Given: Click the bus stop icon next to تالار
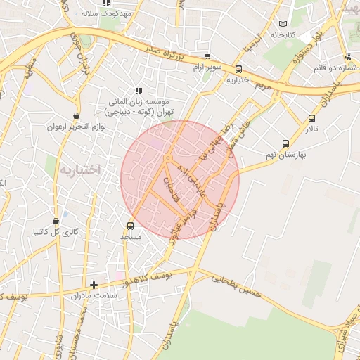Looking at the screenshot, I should point(311,118).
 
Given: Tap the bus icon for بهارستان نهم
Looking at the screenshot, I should point(285,143).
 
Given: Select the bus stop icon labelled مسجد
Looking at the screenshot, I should point(130,226).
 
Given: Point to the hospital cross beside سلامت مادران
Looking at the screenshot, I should point(94,285).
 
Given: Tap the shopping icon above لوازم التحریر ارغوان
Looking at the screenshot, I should point(76,116).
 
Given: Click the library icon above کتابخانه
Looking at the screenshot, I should point(282,23).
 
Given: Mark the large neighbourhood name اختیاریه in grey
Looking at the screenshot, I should point(80,169).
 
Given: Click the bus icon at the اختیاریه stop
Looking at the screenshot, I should point(239,69).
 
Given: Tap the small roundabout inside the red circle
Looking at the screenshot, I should point(167,160).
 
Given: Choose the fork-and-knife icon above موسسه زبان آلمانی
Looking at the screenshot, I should point(139,91).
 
